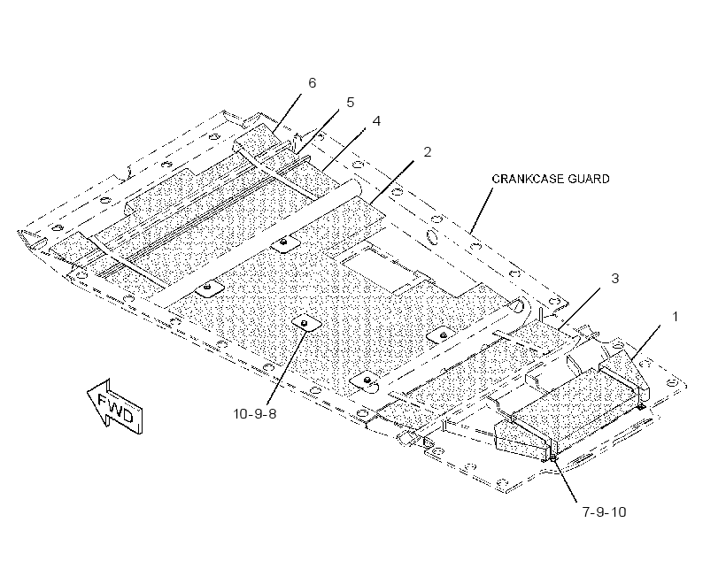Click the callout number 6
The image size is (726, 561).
click(312, 83)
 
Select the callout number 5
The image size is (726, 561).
click(350, 103)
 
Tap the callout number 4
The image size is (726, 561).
click(376, 121)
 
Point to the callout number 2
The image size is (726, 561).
click(428, 152)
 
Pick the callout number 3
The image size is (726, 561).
click(614, 278)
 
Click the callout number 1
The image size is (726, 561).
click(675, 317)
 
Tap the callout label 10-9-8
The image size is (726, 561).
click(255, 413)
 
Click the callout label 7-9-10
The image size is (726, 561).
click(604, 512)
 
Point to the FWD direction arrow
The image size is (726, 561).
click(115, 407)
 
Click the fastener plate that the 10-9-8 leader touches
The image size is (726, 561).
click(305, 322)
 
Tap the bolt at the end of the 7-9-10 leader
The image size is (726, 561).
click(552, 457)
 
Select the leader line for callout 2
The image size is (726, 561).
click(392, 181)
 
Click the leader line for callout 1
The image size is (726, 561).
click(645, 343)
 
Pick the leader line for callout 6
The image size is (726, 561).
click(287, 112)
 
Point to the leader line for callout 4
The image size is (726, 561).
click(344, 148)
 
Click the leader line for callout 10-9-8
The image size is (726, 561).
click(286, 364)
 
